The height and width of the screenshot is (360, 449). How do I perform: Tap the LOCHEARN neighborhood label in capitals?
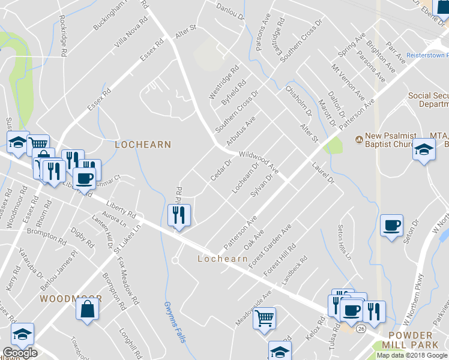(143, 145)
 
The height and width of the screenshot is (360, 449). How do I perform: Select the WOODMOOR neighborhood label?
(71, 298)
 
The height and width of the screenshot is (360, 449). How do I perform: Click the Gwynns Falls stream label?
(172, 322)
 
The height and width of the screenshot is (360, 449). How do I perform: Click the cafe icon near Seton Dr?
(392, 226)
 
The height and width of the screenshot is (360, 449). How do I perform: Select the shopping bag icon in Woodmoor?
(87, 310)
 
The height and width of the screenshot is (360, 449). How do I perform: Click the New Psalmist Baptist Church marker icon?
(359, 139)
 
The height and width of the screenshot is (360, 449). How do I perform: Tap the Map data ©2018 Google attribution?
(412, 355)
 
